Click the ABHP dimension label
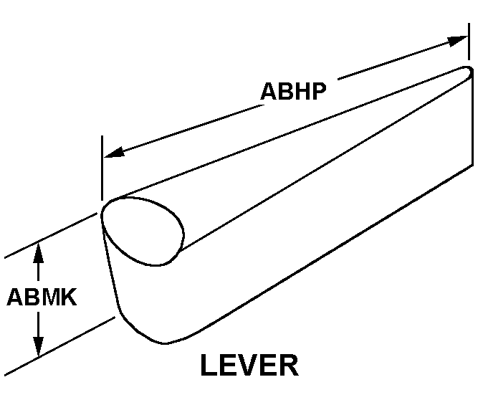tap(293, 92)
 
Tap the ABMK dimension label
tap(41, 297)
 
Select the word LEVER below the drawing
tap(249, 366)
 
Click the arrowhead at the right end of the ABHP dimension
tap(458, 40)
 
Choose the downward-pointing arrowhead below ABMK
tap(39, 347)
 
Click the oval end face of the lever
tap(142, 229)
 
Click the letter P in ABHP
tap(317, 92)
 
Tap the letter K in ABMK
tap(67, 297)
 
